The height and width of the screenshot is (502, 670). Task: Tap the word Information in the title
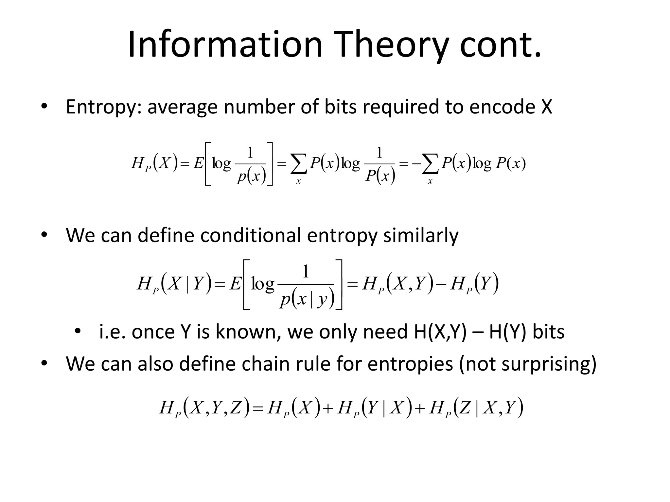(225, 44)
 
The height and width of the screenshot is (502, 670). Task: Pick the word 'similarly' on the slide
(421, 236)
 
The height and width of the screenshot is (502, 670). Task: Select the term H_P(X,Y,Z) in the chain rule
(205, 408)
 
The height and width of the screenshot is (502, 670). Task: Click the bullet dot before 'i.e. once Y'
(77, 331)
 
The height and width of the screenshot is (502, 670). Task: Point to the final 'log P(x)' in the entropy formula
(500, 163)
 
